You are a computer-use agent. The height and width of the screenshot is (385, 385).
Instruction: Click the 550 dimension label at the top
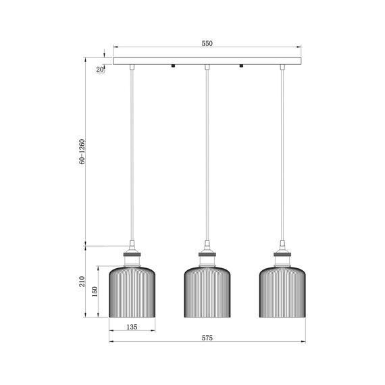click(207, 43)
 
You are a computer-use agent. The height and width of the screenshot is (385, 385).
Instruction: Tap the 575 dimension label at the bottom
click(207, 338)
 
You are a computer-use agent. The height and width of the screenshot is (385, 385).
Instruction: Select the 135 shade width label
click(132, 327)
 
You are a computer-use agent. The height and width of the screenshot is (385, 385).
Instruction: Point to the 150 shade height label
click(95, 291)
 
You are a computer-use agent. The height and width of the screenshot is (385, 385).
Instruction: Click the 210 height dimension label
click(82, 282)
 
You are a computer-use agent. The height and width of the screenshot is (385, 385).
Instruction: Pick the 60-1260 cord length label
click(82, 151)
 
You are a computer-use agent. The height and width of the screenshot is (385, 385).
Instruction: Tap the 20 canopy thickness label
click(99, 70)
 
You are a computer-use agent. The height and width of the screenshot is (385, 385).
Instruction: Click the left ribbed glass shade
click(132, 292)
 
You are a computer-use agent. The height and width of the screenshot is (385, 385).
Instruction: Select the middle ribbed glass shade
click(207, 292)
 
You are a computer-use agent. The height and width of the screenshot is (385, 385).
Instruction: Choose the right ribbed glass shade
click(282, 292)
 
